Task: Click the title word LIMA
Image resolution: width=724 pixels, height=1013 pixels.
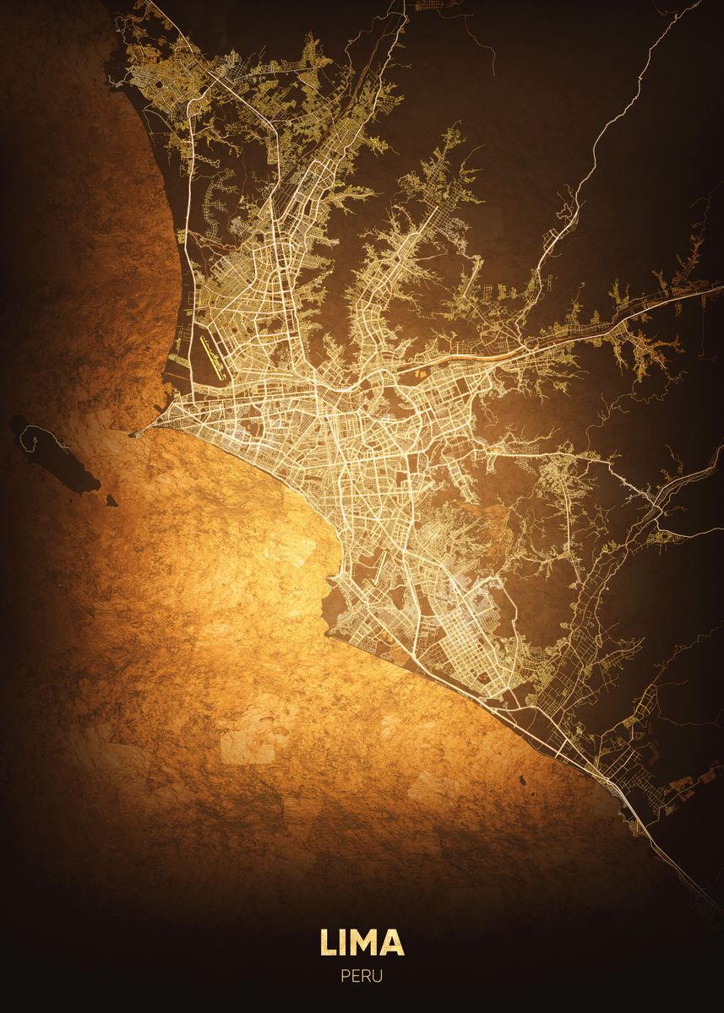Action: (x=362, y=942)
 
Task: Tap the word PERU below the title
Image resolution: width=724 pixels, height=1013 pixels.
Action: (x=362, y=976)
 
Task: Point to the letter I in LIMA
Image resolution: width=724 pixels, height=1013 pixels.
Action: (x=344, y=942)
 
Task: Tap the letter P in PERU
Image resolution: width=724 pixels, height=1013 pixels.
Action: (x=346, y=976)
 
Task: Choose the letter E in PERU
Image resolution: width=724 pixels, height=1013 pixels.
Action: (x=356, y=976)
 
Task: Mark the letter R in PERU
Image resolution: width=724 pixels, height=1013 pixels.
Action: (x=367, y=976)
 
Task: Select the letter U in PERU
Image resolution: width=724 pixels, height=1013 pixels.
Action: (x=378, y=976)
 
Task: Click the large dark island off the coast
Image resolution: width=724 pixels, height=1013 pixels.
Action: (x=59, y=460)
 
